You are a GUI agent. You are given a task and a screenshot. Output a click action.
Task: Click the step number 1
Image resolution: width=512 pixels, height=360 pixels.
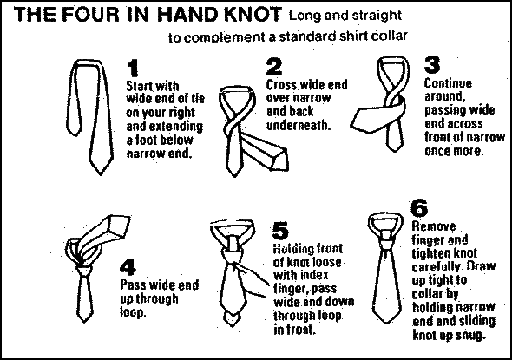(x=133, y=69)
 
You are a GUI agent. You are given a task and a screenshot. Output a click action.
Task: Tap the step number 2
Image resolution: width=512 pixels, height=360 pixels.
(x=274, y=67)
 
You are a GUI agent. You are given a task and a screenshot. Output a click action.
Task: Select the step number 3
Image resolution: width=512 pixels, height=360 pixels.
(x=432, y=64)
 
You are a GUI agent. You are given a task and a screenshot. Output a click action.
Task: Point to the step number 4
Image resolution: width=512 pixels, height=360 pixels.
(x=128, y=268)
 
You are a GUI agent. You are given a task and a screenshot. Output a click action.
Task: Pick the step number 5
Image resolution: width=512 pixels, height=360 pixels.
(x=280, y=231)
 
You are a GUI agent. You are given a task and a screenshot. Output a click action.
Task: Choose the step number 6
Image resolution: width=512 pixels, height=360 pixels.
(x=419, y=208)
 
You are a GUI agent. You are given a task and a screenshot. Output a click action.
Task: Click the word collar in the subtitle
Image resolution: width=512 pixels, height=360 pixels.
(x=390, y=36)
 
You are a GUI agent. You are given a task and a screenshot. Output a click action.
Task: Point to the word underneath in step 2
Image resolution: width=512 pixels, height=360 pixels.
(x=299, y=125)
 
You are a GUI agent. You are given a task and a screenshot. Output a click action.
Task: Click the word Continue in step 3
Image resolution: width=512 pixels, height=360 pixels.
(x=448, y=83)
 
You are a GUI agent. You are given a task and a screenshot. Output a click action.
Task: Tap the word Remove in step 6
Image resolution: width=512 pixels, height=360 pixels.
(x=434, y=226)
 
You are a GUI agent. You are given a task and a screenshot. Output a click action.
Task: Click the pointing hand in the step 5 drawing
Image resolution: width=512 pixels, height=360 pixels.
(x=252, y=279)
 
